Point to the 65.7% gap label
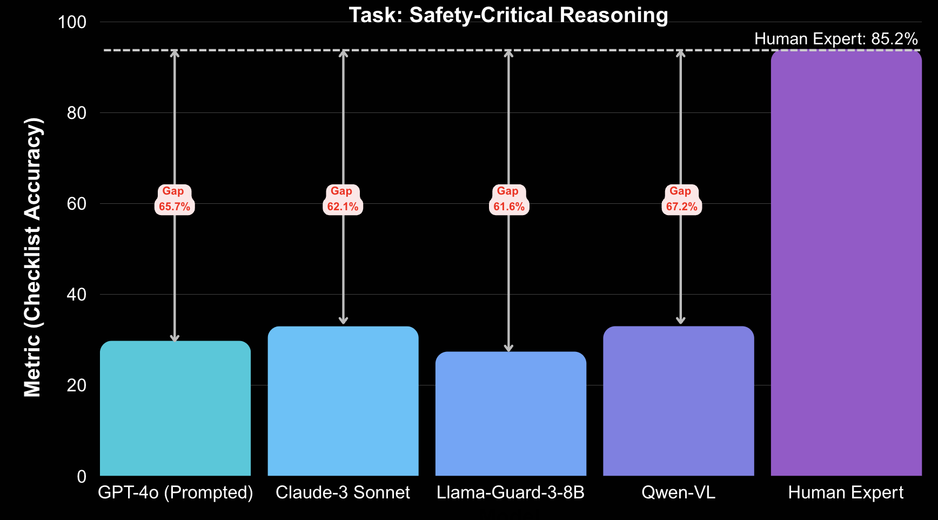tap(174, 199)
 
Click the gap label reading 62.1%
tap(343, 199)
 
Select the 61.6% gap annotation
tap(508, 199)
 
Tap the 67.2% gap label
tap(681, 199)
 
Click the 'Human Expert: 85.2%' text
tap(835, 39)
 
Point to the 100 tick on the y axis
tap(72, 22)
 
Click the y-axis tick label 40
tap(76, 295)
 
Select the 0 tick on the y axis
tap(81, 476)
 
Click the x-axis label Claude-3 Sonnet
tap(343, 492)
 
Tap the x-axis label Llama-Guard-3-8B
tap(511, 492)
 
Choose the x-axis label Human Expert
tap(846, 492)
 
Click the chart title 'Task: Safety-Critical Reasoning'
tap(508, 15)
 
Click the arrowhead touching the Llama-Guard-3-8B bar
tap(508, 348)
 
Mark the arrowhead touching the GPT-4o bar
tap(175, 338)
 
